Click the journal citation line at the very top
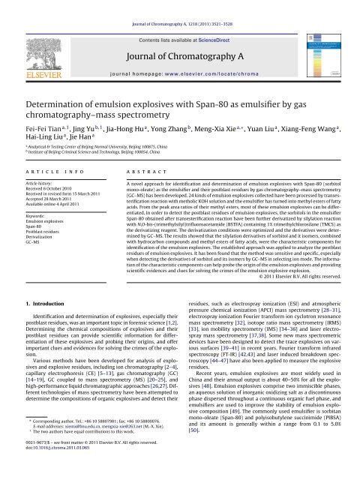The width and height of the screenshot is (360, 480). (x=179, y=6)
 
